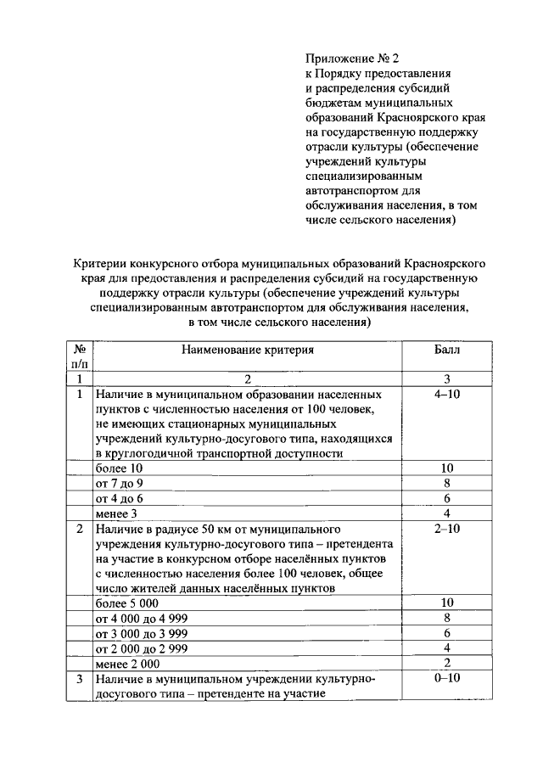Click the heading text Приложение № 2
point(351,59)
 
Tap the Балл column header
point(447,349)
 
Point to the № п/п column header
point(79,356)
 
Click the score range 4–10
point(447,395)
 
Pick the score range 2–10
point(447,529)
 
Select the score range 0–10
point(447,679)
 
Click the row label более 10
point(120,468)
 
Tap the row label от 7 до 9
point(120,484)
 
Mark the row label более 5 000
point(127,603)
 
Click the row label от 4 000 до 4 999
point(142,618)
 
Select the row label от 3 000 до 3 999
point(142,633)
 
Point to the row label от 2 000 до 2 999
point(142,648)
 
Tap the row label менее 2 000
point(127,664)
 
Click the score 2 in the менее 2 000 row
point(447,663)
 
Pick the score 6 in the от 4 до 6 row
point(447,498)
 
